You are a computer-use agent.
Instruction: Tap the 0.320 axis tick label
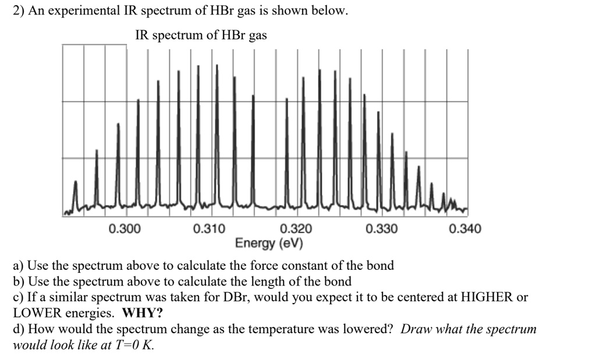pyautogui.click(x=296, y=229)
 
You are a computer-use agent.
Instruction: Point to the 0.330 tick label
pyautogui.click(x=382, y=229)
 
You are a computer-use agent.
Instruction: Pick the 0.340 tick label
pyautogui.click(x=466, y=229)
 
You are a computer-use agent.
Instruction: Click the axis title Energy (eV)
pyautogui.click(x=269, y=243)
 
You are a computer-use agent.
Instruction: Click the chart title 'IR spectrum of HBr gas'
pyautogui.click(x=201, y=35)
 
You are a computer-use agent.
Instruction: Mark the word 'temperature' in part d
pyautogui.click(x=278, y=329)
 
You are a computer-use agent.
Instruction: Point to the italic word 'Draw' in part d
pyautogui.click(x=416, y=329)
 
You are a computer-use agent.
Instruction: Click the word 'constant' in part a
pyautogui.click(x=284, y=266)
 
